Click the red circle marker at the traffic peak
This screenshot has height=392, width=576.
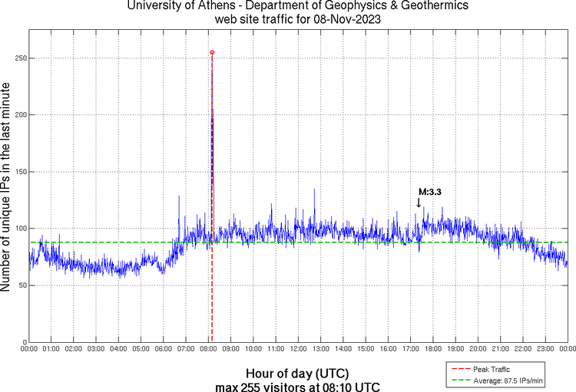tap(212, 52)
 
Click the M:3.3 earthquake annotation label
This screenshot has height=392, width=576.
tap(429, 192)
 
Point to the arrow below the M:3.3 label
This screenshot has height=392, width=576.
tap(419, 203)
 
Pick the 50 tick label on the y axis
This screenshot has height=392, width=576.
tap(20, 285)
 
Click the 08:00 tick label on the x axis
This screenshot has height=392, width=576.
tap(208, 349)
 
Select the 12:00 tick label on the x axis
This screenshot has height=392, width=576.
tap(298, 349)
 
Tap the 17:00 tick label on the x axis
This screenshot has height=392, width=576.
tap(410, 349)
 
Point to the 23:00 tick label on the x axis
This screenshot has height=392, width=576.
tap(545, 349)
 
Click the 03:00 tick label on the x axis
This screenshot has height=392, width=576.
tap(96, 349)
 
